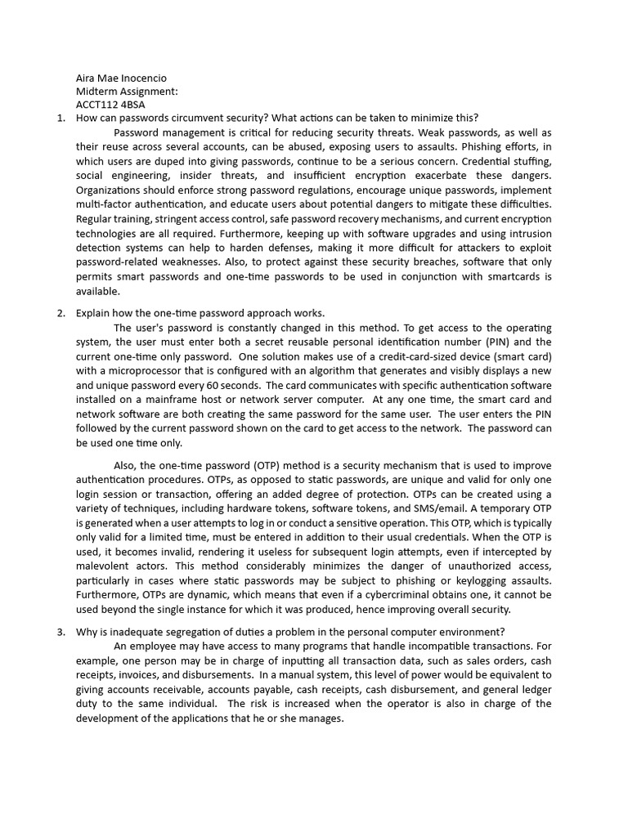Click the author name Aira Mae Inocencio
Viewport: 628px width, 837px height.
[x=120, y=78]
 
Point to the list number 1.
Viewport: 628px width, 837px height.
[x=61, y=118]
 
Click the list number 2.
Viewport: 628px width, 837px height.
[x=61, y=313]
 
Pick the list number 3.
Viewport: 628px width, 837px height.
[x=61, y=631]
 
